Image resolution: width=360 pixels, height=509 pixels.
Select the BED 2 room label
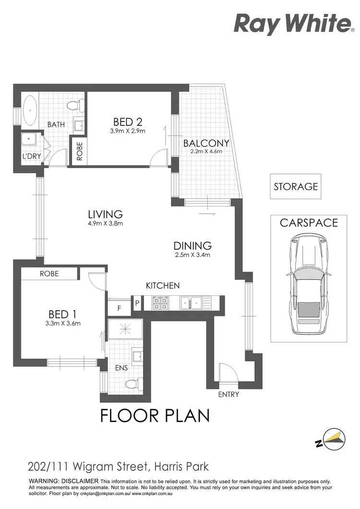coord(128,121)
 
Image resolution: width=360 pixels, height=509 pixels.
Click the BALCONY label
coord(206,143)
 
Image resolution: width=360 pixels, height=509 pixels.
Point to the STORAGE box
coord(296,186)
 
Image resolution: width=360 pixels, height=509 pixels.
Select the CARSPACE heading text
coord(309,223)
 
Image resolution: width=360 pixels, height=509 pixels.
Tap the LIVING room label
coord(105,214)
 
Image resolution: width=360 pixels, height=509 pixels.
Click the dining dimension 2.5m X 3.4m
coord(192,255)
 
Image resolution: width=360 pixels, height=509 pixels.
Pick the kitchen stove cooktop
coord(159,303)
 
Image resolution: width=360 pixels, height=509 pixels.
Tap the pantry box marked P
coord(137,303)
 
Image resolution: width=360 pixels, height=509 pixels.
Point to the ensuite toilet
coord(131,383)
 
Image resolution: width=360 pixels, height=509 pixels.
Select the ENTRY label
coord(228,394)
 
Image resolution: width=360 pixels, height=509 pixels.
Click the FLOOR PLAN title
coord(155,415)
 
